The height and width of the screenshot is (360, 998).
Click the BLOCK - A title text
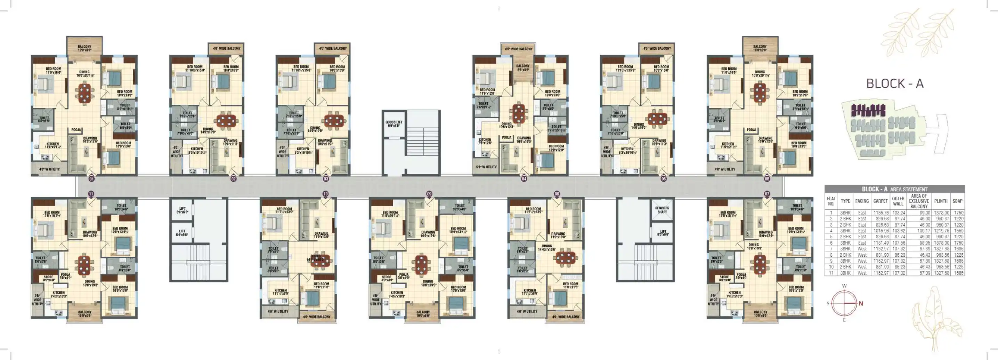(894, 84)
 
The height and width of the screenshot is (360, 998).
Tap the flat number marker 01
(91, 179)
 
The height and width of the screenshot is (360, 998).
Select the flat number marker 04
(524, 179)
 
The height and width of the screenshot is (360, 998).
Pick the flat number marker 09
(429, 194)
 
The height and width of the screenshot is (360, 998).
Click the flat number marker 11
(91, 194)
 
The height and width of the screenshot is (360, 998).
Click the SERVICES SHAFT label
(662, 210)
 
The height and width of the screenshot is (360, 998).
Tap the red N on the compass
(861, 303)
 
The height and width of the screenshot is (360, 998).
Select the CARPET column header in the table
(880, 201)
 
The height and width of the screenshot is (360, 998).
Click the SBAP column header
(957, 201)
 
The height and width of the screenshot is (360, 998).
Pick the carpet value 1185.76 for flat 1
(881, 213)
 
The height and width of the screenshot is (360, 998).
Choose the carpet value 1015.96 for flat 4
(881, 231)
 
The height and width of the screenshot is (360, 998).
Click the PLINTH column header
(941, 201)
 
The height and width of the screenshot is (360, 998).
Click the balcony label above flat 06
(760, 48)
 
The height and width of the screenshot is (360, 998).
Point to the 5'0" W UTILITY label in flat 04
(486, 167)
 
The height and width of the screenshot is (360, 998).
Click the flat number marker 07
(767, 194)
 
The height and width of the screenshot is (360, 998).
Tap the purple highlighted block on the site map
(870, 111)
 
